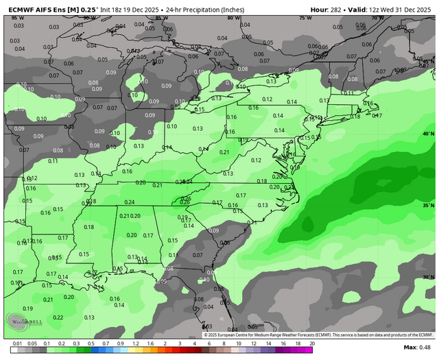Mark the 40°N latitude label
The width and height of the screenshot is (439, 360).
point(429,134)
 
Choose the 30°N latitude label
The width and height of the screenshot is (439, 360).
point(429,277)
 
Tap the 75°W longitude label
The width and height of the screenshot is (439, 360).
point(303,18)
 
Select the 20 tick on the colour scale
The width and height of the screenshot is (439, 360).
point(311,343)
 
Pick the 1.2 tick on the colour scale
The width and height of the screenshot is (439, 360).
point(135,343)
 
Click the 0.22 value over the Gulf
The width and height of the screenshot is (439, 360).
point(58,317)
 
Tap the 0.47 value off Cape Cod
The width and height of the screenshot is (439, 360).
point(377,115)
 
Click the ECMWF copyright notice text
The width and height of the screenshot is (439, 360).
point(319,334)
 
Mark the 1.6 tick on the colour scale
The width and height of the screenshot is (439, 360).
point(150,343)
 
